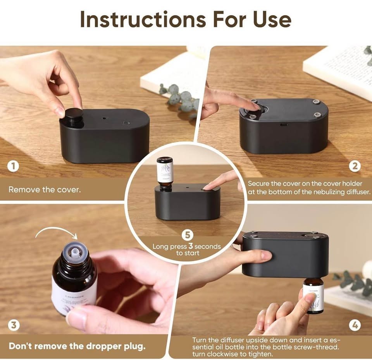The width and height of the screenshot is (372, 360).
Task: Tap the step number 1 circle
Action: [13, 166]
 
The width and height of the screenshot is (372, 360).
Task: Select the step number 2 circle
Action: [355, 166]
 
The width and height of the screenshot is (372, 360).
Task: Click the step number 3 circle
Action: [13, 325]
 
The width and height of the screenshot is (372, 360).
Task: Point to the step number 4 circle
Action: [355, 325]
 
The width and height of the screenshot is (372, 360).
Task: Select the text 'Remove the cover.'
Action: [45, 190]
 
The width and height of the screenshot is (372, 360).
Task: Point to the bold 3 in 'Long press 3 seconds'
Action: [190, 246]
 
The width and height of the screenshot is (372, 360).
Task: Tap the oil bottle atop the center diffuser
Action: [165, 173]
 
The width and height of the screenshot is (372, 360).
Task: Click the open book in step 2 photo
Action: [341, 70]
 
